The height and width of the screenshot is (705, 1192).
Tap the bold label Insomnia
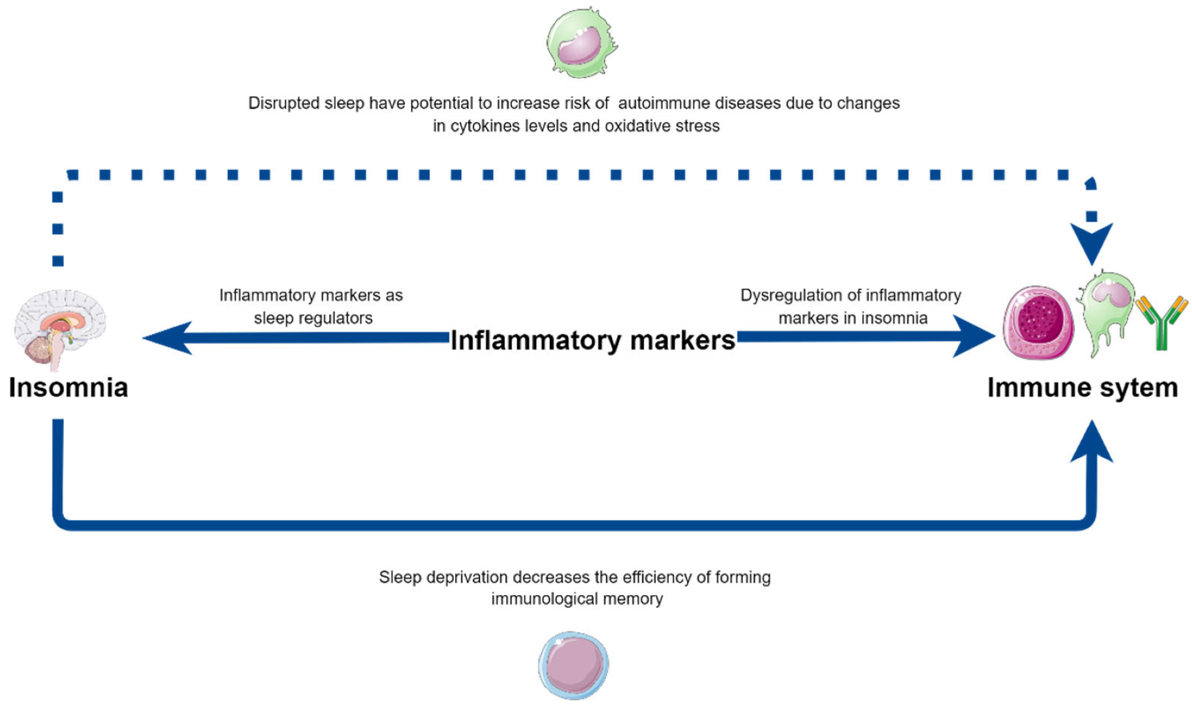pyautogui.click(x=68, y=388)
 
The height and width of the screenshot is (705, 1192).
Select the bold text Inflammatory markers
pyautogui.click(x=592, y=340)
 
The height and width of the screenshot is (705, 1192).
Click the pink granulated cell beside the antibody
pyautogui.click(x=1038, y=322)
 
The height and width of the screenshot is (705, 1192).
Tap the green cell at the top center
pyautogui.click(x=581, y=43)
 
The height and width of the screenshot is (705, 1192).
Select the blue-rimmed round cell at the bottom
pyautogui.click(x=574, y=665)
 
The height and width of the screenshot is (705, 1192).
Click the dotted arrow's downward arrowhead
pyautogui.click(x=1092, y=244)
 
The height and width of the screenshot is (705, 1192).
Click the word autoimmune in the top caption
pyautogui.click(x=663, y=103)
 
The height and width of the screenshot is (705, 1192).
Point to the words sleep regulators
pyautogui.click(x=313, y=318)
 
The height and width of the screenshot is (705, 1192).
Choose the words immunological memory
pyautogui.click(x=576, y=599)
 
